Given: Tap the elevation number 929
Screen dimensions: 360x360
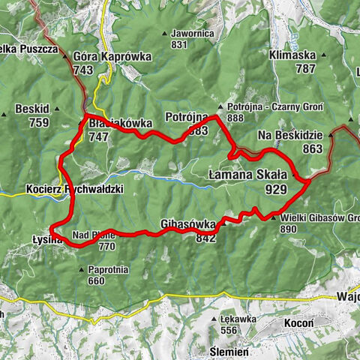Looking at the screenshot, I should coord(276,190).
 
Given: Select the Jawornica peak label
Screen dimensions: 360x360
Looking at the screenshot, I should coord(193,34).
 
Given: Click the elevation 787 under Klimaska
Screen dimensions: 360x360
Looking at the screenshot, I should coord(305,69).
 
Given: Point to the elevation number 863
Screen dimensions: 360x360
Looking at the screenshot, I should coord(312,149).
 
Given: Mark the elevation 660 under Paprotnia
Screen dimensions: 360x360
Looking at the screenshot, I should coord(95,282).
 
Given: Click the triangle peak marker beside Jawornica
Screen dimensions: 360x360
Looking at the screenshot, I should coord(163,34).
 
